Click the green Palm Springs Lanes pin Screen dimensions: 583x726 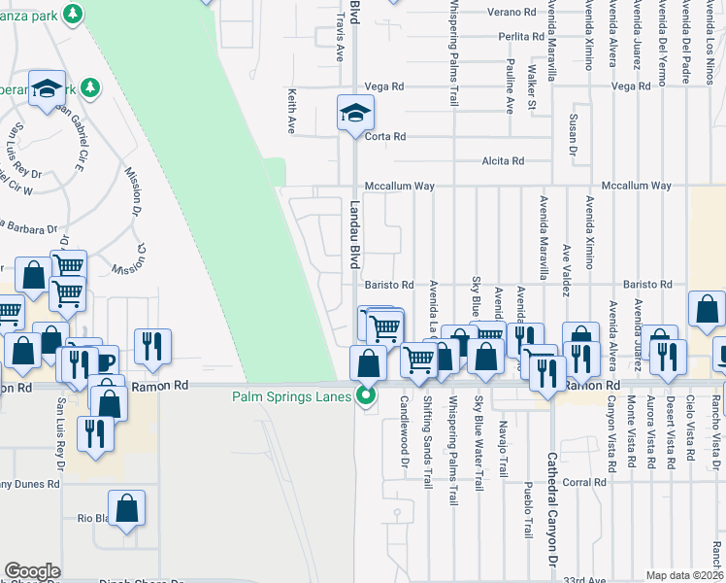tap(366, 395)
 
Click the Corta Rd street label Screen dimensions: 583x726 tap(385, 137)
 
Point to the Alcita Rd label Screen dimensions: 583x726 tap(504, 160)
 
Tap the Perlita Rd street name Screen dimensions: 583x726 tap(521, 36)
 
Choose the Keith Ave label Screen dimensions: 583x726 tap(291, 111)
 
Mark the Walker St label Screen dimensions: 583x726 tap(531, 86)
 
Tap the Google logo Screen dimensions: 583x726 tap(32, 571)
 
